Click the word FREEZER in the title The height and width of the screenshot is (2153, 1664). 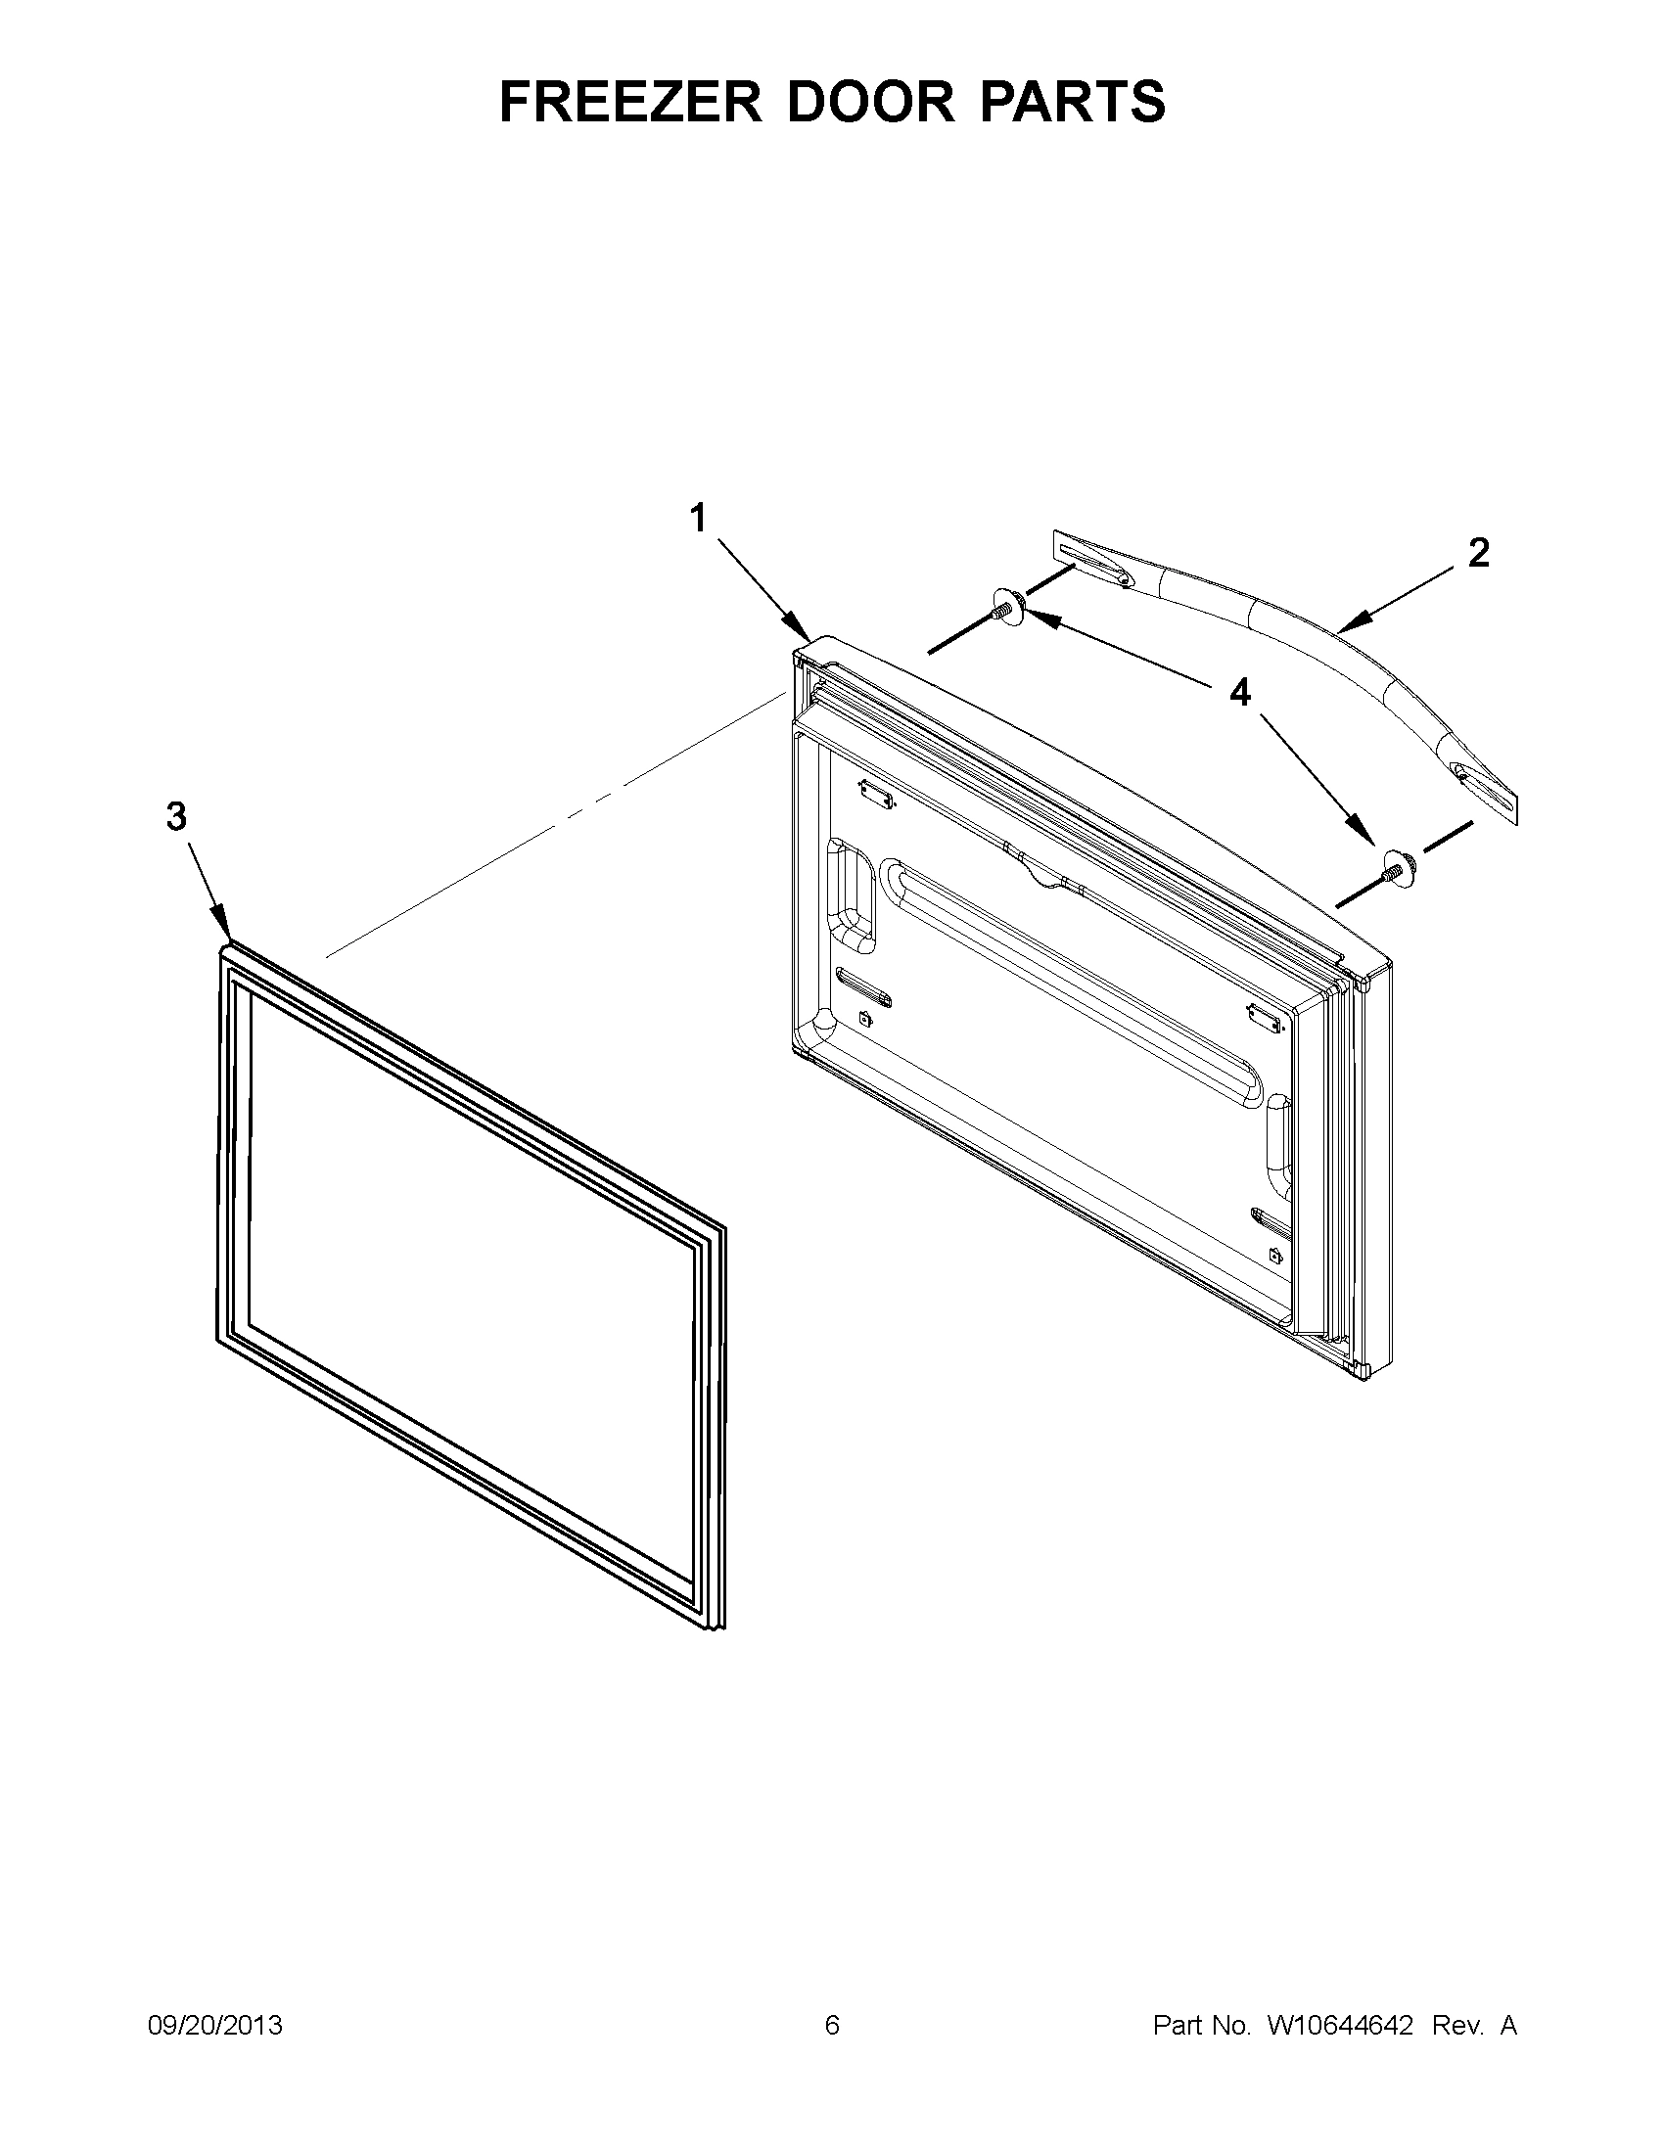(x=631, y=101)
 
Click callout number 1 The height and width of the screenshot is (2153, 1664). (x=698, y=518)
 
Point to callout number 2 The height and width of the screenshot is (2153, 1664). (x=1478, y=553)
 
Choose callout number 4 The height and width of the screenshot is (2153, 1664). (x=1239, y=693)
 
